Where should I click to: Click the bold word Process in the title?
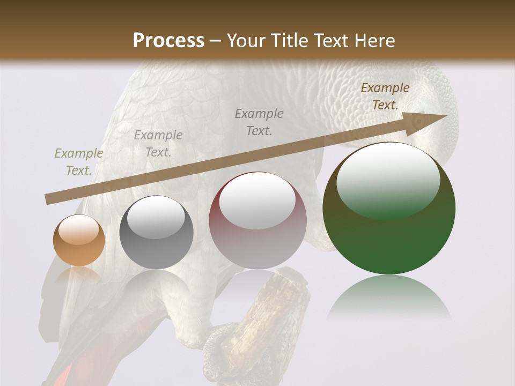tap(168, 40)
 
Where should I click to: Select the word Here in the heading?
tap(375, 40)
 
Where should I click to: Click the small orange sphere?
tap(79, 241)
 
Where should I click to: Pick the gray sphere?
tap(156, 232)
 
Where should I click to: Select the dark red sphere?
tap(257, 221)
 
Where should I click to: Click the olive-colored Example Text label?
tap(79, 162)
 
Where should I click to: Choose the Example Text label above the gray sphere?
tap(158, 144)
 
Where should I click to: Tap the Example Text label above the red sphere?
tap(259, 122)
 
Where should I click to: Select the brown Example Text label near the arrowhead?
tap(385, 96)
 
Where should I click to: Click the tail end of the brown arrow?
tap(48, 200)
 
